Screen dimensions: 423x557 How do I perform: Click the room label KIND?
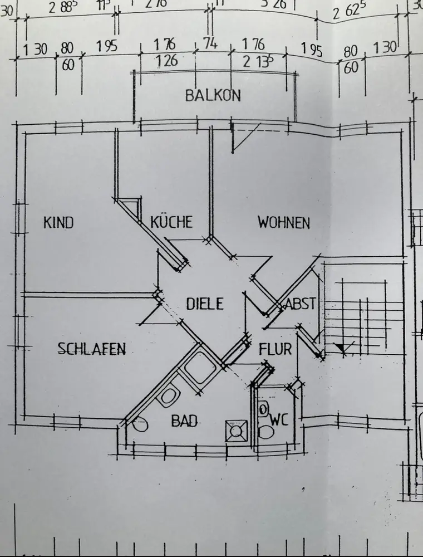(x=58, y=223)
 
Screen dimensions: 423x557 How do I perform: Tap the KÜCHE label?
(x=171, y=222)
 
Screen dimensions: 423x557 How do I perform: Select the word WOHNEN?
(x=283, y=223)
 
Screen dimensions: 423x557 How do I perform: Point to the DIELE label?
(x=204, y=304)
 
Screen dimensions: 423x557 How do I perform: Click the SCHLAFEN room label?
(x=92, y=349)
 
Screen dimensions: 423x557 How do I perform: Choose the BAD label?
(x=184, y=421)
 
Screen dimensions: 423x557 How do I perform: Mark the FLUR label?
(x=275, y=350)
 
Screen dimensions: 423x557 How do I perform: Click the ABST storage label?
(x=301, y=304)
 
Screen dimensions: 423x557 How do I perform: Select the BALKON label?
(x=213, y=95)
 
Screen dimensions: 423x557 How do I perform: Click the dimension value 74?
(x=209, y=45)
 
